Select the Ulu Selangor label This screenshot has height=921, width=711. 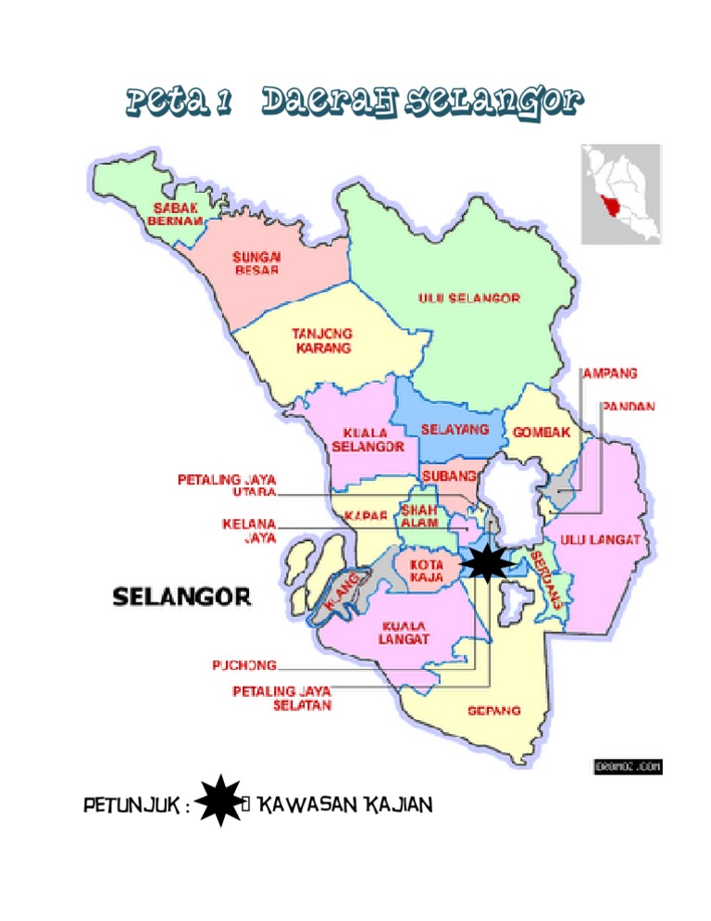click(469, 298)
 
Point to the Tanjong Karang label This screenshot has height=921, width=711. click(321, 340)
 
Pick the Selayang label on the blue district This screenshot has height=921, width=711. click(455, 430)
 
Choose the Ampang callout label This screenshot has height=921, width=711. click(609, 373)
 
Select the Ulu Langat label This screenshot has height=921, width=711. click(600, 539)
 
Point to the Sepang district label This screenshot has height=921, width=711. click(493, 711)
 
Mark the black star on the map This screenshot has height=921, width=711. click(486, 562)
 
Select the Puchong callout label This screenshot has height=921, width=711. click(244, 664)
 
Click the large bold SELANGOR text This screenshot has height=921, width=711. click(181, 596)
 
